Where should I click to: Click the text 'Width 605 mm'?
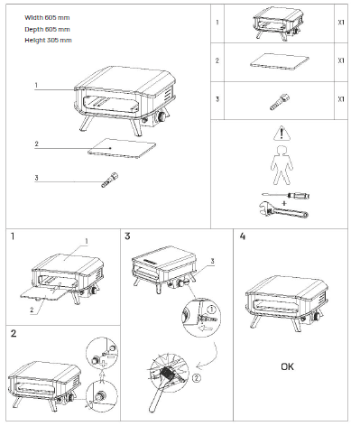[47, 17]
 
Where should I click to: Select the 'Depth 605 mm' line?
[47, 29]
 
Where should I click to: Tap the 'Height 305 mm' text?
[48, 40]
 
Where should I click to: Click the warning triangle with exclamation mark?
[282, 134]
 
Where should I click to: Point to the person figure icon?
[282, 165]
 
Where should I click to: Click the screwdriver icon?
[286, 196]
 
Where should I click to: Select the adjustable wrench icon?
[283, 209]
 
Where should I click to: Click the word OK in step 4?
[287, 366]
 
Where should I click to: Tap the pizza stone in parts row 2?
[280, 61]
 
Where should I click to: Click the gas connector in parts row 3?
[280, 102]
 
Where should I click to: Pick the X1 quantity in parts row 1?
[341, 23]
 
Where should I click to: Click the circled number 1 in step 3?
[212, 310]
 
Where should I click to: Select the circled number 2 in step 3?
[196, 378]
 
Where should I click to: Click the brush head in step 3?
[167, 375]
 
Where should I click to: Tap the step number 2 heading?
[14, 334]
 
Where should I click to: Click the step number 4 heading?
[243, 236]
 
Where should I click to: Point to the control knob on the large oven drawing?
[162, 116]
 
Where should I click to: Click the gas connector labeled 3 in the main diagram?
[110, 180]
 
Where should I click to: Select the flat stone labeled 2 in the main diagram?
[122, 148]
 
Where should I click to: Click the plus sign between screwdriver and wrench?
[284, 203]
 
